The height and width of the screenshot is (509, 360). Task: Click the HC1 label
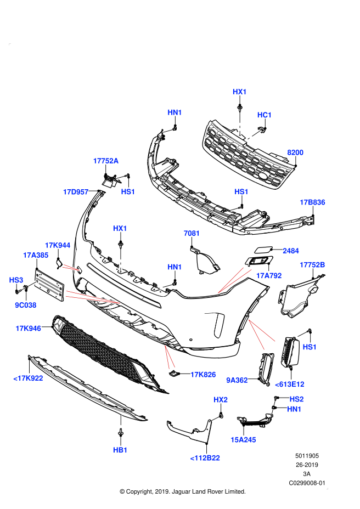265,115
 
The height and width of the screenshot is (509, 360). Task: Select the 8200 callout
295,152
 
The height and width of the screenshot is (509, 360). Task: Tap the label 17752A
106,161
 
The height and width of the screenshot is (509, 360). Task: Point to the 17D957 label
76,192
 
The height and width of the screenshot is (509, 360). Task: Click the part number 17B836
312,202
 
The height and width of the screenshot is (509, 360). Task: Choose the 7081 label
192,233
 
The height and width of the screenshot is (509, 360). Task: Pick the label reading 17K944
58,245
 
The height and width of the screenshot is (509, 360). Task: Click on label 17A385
36,255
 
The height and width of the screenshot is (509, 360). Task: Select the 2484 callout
291,251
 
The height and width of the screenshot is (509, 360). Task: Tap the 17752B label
312,265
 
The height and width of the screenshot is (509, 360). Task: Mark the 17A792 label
269,275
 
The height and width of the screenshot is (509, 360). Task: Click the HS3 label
16,280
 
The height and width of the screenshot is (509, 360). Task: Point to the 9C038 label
26,305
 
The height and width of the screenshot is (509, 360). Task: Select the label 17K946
28,329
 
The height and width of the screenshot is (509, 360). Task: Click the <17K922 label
28,378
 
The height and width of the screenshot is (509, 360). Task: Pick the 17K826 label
203,375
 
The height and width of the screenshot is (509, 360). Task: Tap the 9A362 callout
237,380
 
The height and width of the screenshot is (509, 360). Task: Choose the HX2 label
221,400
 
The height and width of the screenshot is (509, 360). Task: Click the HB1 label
120,450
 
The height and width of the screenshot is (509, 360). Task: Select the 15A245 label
243,440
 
